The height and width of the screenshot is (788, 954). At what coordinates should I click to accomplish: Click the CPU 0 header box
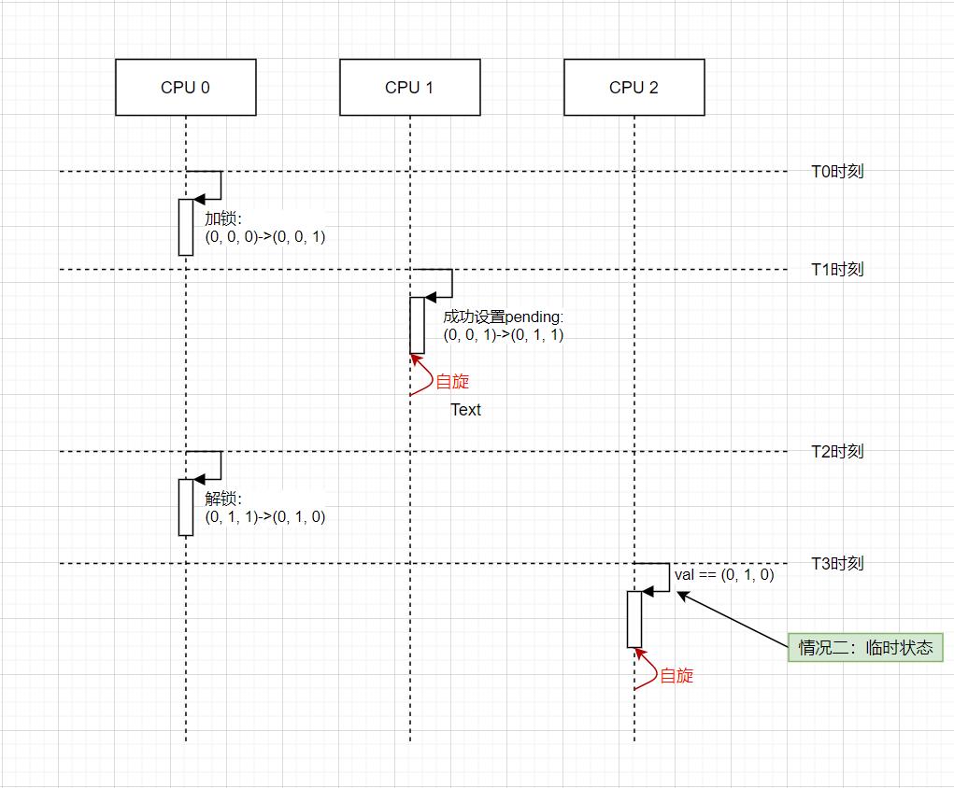pyautogui.click(x=185, y=87)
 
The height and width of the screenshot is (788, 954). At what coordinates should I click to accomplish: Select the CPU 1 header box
pyautogui.click(x=409, y=87)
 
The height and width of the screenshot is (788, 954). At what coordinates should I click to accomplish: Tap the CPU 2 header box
pyautogui.click(x=634, y=87)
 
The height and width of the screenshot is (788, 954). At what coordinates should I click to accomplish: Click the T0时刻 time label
pyautogui.click(x=836, y=172)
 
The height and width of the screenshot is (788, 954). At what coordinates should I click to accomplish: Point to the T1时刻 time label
pyautogui.click(x=836, y=270)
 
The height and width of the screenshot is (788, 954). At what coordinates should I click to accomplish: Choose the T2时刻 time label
pyautogui.click(x=836, y=452)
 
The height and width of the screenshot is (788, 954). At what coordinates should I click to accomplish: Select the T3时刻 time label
pyautogui.click(x=836, y=564)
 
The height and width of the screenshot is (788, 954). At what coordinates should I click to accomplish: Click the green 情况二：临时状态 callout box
pyautogui.click(x=865, y=648)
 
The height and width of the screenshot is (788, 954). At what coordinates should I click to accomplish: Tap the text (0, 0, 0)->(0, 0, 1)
pyautogui.click(x=265, y=237)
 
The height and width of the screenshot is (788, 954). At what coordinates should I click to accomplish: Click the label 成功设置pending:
pyautogui.click(x=504, y=317)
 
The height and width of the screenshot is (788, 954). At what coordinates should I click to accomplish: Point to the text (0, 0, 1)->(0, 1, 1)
pyautogui.click(x=504, y=335)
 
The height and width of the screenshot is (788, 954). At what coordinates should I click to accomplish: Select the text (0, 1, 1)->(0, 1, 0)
pyautogui.click(x=265, y=517)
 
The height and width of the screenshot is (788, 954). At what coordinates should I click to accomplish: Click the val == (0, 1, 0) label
pyautogui.click(x=724, y=575)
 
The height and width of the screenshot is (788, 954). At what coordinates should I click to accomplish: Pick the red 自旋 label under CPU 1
pyautogui.click(x=452, y=382)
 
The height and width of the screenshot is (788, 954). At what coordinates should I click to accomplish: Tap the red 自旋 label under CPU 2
pyautogui.click(x=676, y=676)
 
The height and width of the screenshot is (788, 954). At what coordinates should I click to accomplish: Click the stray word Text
pyautogui.click(x=465, y=410)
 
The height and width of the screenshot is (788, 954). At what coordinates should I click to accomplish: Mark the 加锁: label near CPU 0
pyautogui.click(x=223, y=219)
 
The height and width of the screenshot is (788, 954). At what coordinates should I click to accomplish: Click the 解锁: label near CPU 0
pyautogui.click(x=223, y=499)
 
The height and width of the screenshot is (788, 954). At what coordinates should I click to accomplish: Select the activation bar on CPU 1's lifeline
pyautogui.click(x=417, y=326)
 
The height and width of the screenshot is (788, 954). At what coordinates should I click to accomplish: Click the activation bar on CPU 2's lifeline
pyautogui.click(x=634, y=619)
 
